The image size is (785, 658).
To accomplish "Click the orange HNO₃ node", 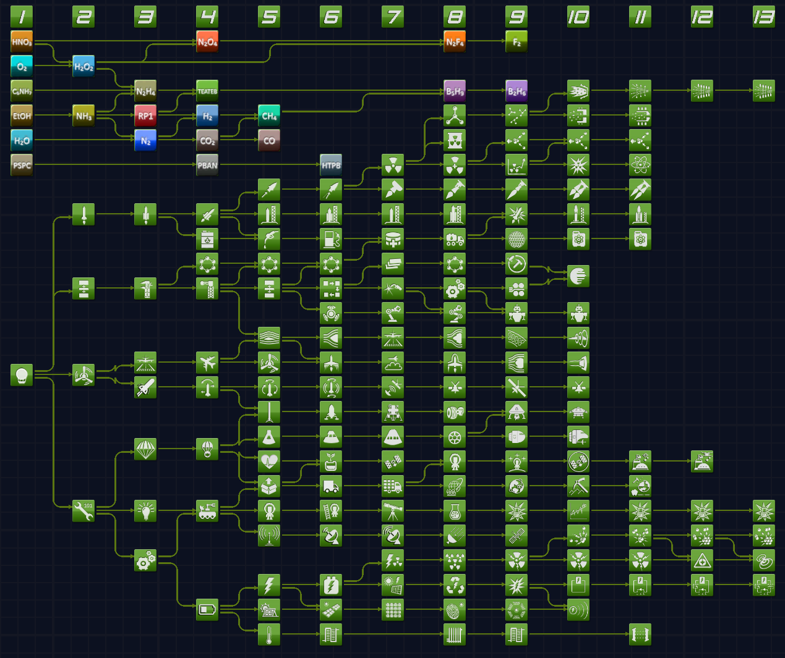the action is pyautogui.click(x=22, y=42).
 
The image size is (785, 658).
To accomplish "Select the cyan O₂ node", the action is pyautogui.click(x=22, y=67).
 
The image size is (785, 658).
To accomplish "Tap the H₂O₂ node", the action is pyautogui.click(x=84, y=67).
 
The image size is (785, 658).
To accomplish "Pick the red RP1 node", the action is pyautogui.click(x=145, y=116).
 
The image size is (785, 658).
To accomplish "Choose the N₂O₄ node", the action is pyautogui.click(x=207, y=42).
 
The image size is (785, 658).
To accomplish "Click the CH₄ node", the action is pyautogui.click(x=269, y=116).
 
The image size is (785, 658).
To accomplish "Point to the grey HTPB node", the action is pyautogui.click(x=331, y=165).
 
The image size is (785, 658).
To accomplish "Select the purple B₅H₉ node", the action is pyautogui.click(x=455, y=91).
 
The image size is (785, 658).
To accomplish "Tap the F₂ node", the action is pyautogui.click(x=517, y=42).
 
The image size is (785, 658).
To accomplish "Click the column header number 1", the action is pyautogui.click(x=22, y=17).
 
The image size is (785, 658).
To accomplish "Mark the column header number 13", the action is pyautogui.click(x=764, y=17).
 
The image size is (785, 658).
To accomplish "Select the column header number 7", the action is pyautogui.click(x=393, y=17).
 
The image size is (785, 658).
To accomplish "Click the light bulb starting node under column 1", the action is pyautogui.click(x=22, y=374).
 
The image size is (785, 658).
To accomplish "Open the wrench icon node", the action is pyautogui.click(x=84, y=510).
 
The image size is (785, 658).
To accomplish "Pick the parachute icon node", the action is pyautogui.click(x=145, y=449).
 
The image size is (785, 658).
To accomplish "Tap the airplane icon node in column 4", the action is pyautogui.click(x=207, y=362).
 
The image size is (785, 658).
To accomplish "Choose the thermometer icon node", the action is pyautogui.click(x=269, y=634).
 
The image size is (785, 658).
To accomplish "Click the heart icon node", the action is pyautogui.click(x=269, y=461).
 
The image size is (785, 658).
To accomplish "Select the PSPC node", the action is pyautogui.click(x=22, y=165).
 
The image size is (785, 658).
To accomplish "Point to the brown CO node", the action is pyautogui.click(x=269, y=140).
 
